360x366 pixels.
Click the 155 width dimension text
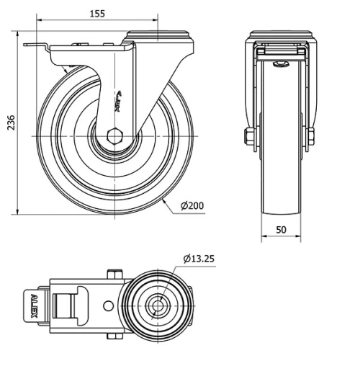click(99, 12)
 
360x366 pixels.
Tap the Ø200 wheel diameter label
click(192, 206)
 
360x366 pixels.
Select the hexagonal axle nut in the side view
click(115, 135)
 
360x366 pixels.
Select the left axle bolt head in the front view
click(248, 136)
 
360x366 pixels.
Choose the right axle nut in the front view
click(312, 136)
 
